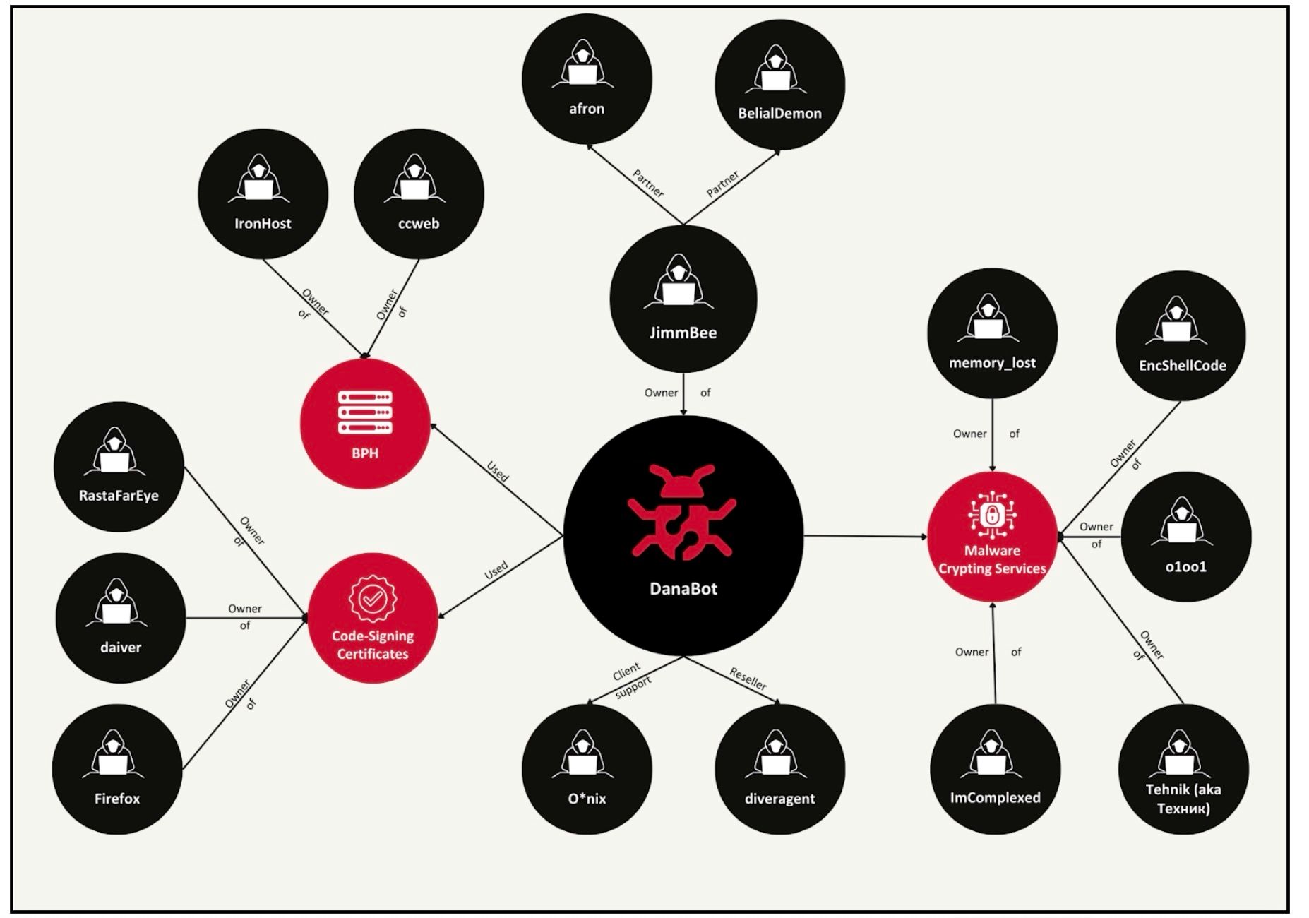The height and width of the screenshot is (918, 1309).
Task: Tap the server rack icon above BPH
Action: click(x=365, y=412)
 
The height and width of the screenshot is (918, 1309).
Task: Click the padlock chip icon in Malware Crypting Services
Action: click(x=992, y=514)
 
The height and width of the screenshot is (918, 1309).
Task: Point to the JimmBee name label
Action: click(x=683, y=333)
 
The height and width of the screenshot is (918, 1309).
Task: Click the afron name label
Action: click(x=587, y=109)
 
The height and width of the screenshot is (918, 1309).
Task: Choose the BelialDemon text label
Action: click(x=779, y=113)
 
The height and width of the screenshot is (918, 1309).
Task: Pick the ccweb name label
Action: click(x=419, y=224)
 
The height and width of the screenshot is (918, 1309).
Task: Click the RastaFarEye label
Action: click(x=119, y=496)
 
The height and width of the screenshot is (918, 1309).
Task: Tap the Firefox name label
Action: click(x=117, y=799)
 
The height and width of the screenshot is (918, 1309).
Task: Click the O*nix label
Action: click(x=587, y=799)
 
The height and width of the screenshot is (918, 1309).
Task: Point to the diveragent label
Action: click(x=779, y=799)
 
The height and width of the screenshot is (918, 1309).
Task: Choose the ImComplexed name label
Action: click(x=995, y=797)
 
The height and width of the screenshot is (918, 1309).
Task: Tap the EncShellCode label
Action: click(x=1182, y=366)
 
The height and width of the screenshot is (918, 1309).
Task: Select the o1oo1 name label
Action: click(x=1185, y=566)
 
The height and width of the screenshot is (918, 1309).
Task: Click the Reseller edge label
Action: click(x=748, y=679)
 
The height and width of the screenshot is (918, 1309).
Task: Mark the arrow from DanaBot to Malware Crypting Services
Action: click(x=865, y=536)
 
